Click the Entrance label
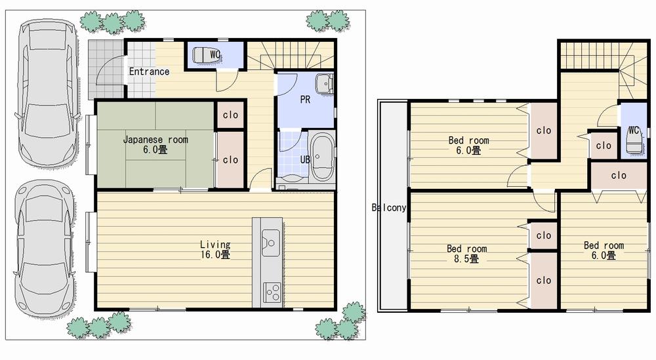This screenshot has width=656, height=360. [x=149, y=71]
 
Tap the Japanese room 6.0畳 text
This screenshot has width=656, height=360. [x=155, y=145]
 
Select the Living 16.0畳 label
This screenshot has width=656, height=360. [x=215, y=249]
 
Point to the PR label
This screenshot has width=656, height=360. [x=305, y=100]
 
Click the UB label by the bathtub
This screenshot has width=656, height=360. [x=305, y=159]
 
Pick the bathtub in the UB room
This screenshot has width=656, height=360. [x=323, y=158]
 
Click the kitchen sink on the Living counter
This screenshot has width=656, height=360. [x=270, y=243]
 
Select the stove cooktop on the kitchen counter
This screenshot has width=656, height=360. [x=272, y=291]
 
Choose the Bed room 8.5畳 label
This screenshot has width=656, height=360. [x=467, y=254]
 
